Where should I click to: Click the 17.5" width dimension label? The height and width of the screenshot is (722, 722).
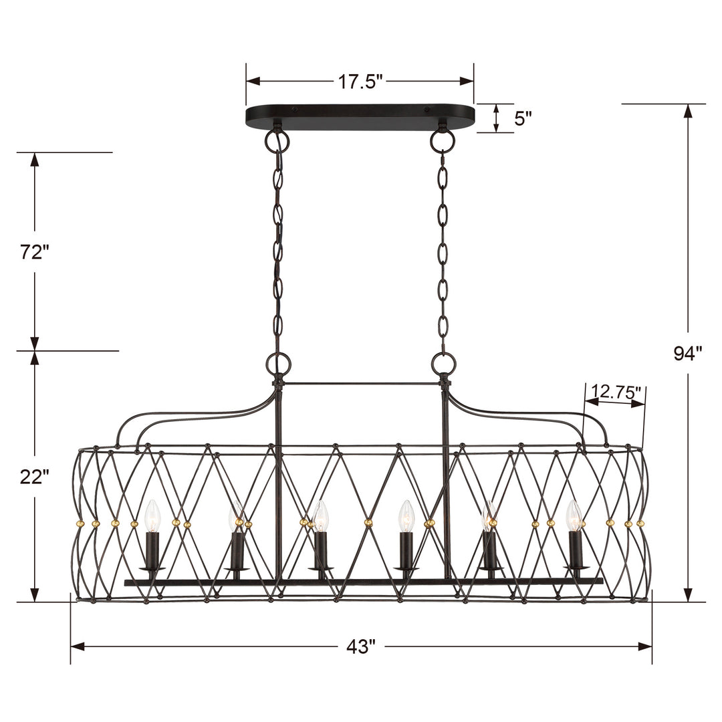coord(360,82)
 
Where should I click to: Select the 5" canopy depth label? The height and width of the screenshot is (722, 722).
coord(523,118)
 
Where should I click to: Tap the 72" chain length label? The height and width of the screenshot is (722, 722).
coord(34,252)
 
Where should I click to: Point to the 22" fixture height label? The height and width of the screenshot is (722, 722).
coord(34,477)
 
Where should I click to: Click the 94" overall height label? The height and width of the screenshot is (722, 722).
coord(687,354)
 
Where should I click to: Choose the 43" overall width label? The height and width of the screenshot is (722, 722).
coord(361,646)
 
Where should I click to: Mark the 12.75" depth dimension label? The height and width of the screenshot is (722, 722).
coord(616,392)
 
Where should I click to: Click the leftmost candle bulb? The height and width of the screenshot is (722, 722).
coord(152,516)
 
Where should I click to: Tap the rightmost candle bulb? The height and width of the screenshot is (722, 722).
coord(574,516)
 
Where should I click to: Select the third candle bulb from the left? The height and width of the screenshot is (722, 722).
coord(322,516)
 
